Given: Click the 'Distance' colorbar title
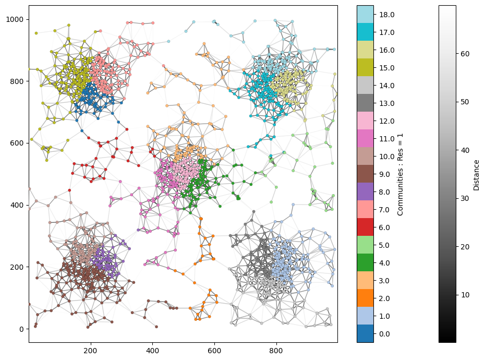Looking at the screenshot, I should (476, 174).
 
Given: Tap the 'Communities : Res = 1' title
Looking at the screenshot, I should (401, 174).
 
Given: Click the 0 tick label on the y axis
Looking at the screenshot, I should (21, 329).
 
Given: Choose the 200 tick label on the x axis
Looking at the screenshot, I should (91, 350).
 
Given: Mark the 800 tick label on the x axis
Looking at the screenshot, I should (276, 350).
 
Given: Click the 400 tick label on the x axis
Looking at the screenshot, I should (152, 350).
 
